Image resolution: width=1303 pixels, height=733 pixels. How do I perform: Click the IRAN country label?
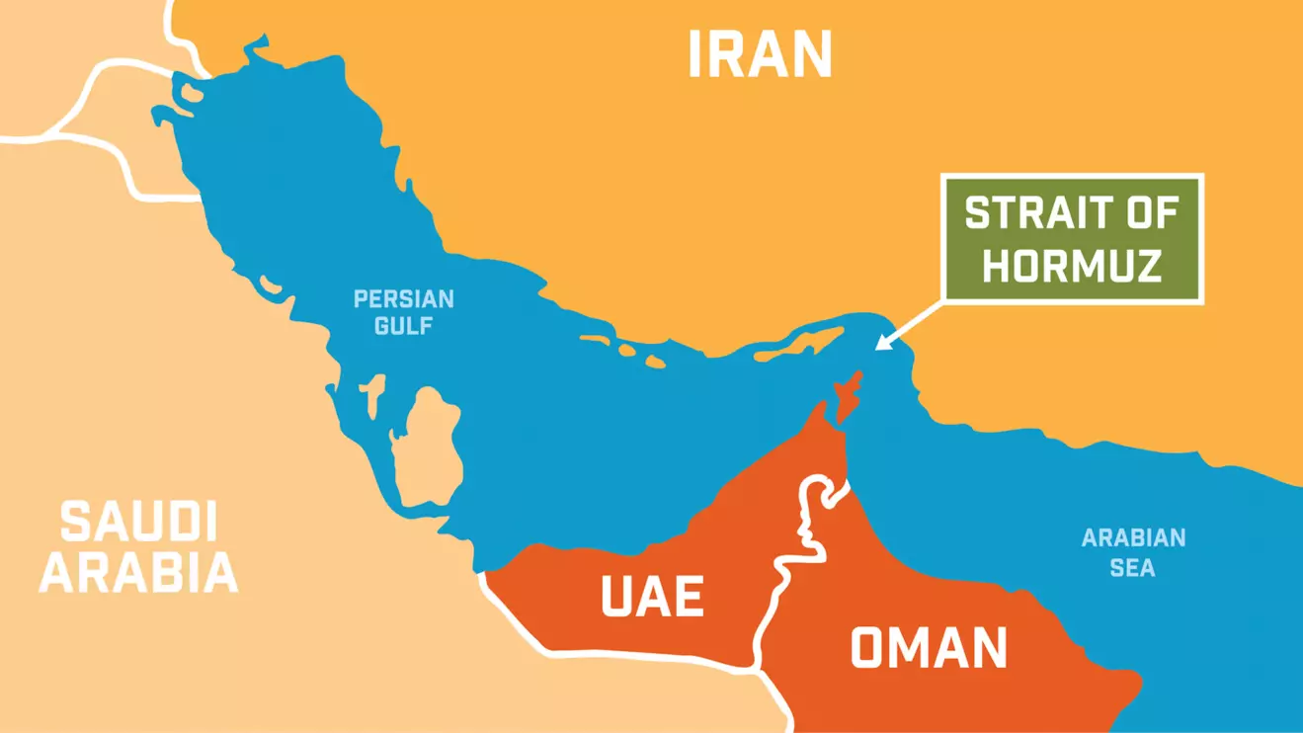coord(760,54)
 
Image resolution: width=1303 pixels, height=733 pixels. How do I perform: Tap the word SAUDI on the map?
coord(138,522)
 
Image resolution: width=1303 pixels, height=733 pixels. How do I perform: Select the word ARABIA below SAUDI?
coord(138,572)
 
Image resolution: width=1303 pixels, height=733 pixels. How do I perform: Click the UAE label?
coord(652,598)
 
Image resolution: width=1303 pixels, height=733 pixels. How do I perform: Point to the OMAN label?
coord(929,649)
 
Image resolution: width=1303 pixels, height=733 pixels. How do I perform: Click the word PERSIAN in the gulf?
coord(404,299)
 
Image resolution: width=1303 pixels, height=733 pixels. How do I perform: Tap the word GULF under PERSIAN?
coord(403,325)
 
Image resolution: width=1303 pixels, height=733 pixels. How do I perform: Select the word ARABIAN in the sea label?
coord(1133,539)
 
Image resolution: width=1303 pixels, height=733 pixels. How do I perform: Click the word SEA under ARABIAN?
coord(1132,568)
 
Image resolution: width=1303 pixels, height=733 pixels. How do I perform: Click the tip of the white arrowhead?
coord(877,348)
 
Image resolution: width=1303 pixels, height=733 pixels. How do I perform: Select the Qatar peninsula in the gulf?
coord(427,445)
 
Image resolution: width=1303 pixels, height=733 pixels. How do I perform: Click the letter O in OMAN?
coord(868,649)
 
